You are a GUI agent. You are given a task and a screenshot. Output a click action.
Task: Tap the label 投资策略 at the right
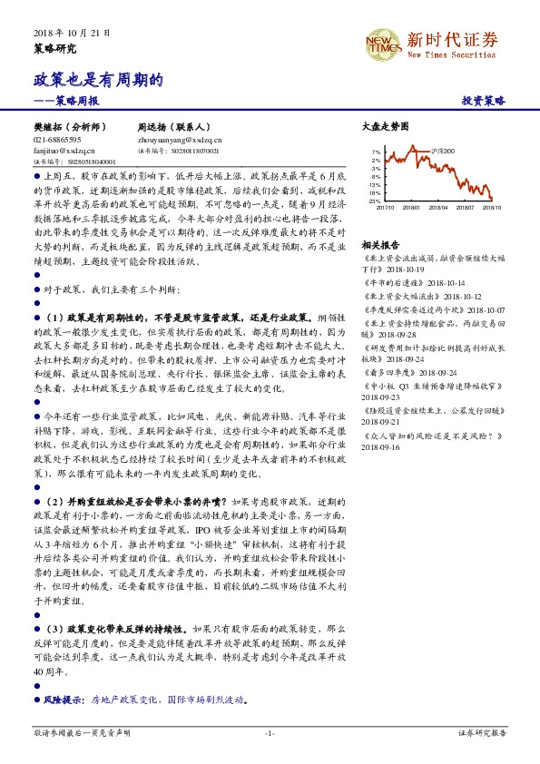tap(484, 102)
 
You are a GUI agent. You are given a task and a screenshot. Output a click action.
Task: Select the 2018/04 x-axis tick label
tap(439, 207)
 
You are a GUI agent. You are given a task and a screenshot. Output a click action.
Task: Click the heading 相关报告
tap(379, 246)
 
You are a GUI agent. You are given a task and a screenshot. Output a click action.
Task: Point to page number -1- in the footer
tap(270, 732)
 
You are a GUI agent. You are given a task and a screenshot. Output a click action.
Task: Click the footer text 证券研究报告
tap(481, 732)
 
